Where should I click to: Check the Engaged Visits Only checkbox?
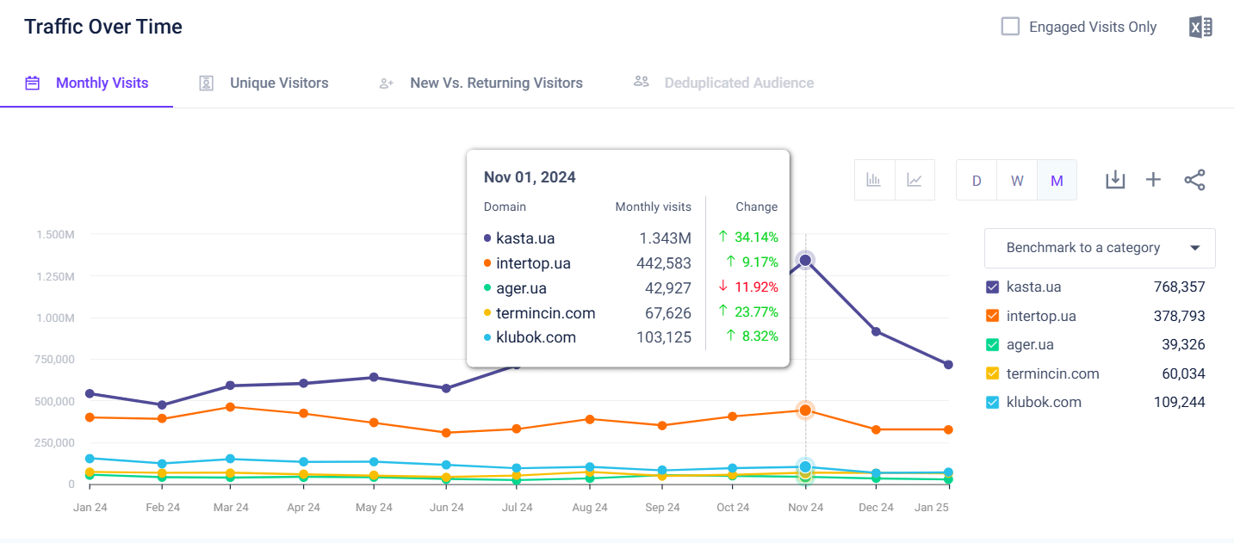pos(1010,27)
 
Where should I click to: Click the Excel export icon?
pos(1200,27)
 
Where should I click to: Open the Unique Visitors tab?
pos(278,83)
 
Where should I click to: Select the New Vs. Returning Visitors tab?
pos(496,83)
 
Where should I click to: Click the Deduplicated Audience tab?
pos(738,83)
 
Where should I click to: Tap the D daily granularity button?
pos(977,181)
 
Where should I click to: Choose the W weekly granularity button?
pos(1017,181)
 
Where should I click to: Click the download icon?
pos(1115,180)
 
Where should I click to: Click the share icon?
pos(1194,180)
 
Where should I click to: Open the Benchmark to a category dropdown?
pos(1100,248)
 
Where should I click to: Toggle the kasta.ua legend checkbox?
pos(992,287)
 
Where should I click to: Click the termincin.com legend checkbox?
pos(992,373)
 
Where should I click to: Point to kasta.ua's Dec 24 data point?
pos(876,331)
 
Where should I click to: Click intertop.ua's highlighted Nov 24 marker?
pos(805,410)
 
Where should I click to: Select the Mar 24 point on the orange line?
pos(231,406)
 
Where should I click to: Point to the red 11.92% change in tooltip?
pos(748,287)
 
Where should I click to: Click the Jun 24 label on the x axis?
pos(446,508)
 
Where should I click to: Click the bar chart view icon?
pos(874,181)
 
